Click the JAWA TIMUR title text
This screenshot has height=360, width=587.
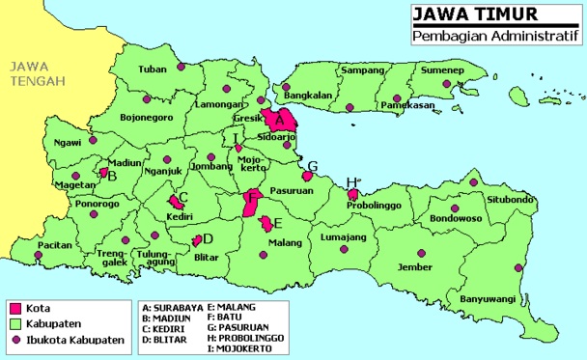461,14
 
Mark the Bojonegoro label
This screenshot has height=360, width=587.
146,118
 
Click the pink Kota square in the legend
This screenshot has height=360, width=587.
15,308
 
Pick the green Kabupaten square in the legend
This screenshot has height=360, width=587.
15,323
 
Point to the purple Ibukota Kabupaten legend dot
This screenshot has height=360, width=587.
15,340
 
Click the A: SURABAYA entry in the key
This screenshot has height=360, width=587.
173,306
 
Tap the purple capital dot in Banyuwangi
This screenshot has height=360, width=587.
518,268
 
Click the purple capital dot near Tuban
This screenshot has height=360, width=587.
181,68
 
